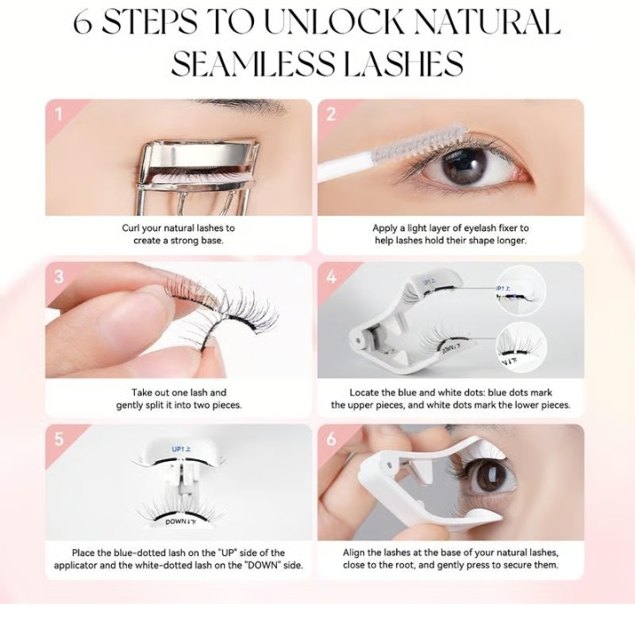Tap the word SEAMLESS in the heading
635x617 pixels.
pyautogui.click(x=253, y=63)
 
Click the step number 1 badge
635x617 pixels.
pyautogui.click(x=59, y=115)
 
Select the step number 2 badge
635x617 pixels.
pyautogui.click(x=331, y=115)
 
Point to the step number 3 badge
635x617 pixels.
pyautogui.click(x=59, y=277)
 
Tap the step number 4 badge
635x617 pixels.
pyautogui.click(x=332, y=277)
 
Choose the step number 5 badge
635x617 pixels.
pyautogui.click(x=59, y=439)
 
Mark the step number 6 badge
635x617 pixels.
pyautogui.click(x=332, y=439)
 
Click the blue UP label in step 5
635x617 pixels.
pyautogui.click(x=181, y=450)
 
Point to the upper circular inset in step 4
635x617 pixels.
pyautogui.click(x=521, y=291)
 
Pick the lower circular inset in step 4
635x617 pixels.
pyautogui.click(x=521, y=347)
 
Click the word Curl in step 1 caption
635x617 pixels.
pyautogui.click(x=131, y=228)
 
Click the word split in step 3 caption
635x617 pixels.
pyautogui.click(x=155, y=405)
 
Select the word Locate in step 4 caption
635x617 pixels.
pyautogui.click(x=363, y=393)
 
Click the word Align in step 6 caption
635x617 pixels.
pyautogui.click(x=354, y=553)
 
